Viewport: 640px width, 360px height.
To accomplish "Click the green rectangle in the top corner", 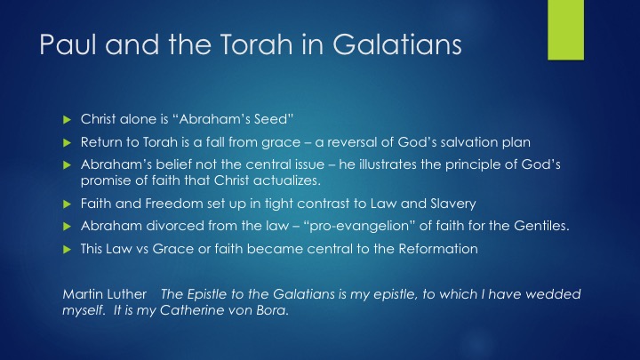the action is (565, 30).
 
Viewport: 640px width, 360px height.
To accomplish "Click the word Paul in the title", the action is (68, 44).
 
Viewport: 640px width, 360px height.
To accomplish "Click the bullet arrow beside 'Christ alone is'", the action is (68, 120).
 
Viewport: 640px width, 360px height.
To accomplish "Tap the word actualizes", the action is (286, 180).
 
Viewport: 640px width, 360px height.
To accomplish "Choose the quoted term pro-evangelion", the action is (359, 226).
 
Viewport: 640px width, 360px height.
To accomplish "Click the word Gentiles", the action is (541, 226).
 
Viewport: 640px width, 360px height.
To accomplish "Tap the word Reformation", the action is (438, 249).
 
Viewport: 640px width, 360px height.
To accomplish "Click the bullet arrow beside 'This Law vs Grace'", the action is (68, 250).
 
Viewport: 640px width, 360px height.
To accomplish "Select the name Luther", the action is (127, 294).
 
